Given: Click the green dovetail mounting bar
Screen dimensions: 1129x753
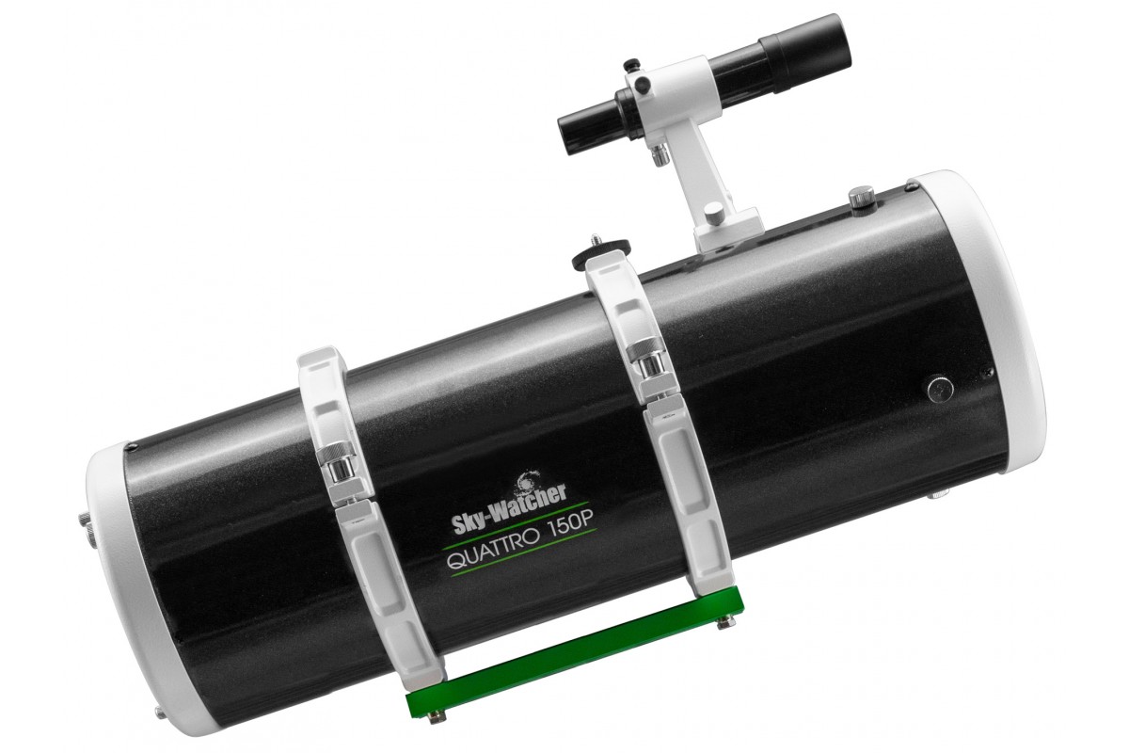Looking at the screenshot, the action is pos(574,655).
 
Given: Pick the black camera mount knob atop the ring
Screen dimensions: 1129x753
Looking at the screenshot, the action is pos(600,248).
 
